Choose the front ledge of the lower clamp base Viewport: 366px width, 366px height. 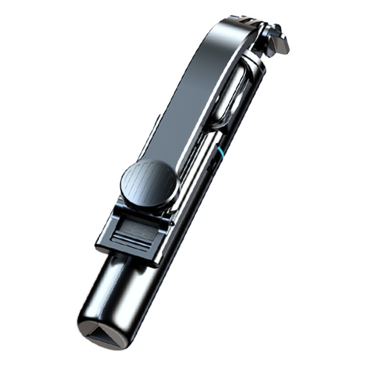coord(128,249)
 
